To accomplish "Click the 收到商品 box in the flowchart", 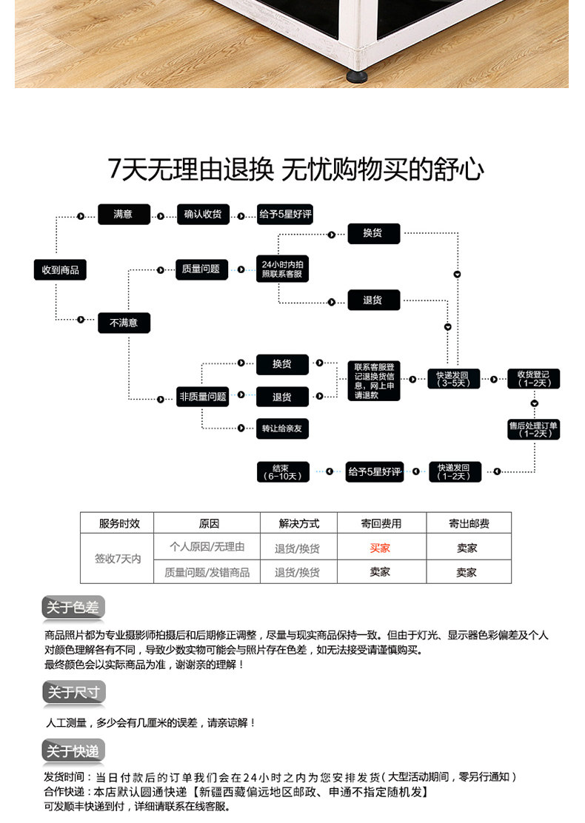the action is [x=60, y=270].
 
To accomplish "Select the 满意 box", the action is [x=124, y=214].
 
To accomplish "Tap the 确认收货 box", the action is [x=203, y=214].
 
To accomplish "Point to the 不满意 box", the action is [x=124, y=323].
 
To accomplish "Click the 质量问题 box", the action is [x=201, y=269].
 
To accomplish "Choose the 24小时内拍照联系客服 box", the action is [x=283, y=269].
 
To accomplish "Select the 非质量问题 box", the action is [x=203, y=397].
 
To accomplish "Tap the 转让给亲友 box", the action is [x=283, y=429].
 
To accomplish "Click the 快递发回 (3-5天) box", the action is [x=453, y=379].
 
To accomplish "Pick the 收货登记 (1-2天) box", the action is [x=534, y=379].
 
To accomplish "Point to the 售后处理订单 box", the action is [x=534, y=429].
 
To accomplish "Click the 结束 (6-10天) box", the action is [x=283, y=472].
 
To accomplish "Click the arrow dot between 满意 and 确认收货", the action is [x=161, y=216].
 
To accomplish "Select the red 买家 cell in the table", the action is [x=380, y=548].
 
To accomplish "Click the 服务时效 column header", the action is [x=119, y=523].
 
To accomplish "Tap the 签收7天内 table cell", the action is [x=118, y=559].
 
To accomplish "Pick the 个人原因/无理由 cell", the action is [x=207, y=546].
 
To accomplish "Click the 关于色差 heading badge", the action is [x=73, y=608].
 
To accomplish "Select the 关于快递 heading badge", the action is [x=73, y=751].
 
